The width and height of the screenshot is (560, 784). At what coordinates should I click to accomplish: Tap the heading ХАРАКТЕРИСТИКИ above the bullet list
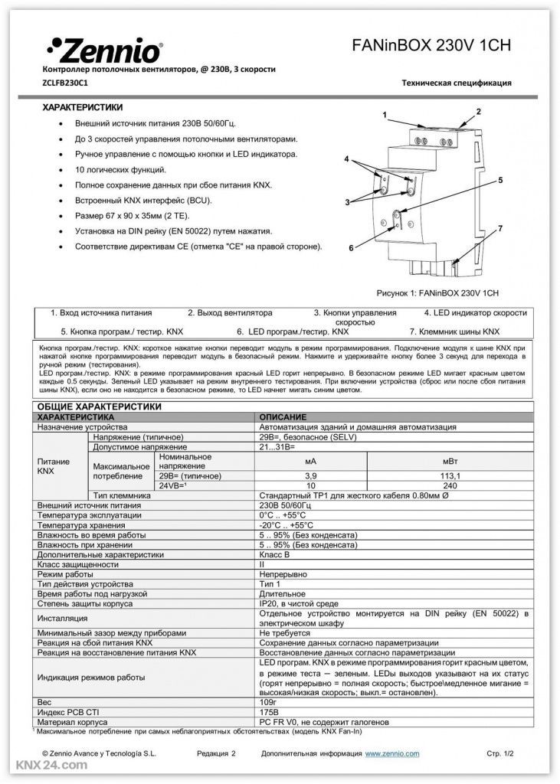coord(82,107)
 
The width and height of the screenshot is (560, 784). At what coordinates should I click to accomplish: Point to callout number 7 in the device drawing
coord(500,228)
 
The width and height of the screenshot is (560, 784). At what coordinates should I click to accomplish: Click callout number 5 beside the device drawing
coord(499,181)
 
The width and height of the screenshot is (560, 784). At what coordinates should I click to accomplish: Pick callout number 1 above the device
coord(385,115)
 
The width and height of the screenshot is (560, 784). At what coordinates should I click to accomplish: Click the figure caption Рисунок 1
coord(437,293)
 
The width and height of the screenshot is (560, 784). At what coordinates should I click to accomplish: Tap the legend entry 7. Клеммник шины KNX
coord(454,332)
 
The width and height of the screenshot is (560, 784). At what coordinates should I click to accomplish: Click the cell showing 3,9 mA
coord(310,475)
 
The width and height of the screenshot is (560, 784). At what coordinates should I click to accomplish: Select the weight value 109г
coord(268,701)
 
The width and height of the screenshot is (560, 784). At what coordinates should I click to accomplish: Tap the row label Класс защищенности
coord(78,563)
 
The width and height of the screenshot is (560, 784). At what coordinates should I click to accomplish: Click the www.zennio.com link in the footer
coord(391,753)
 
